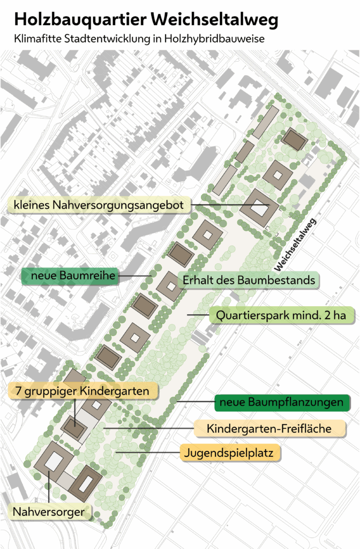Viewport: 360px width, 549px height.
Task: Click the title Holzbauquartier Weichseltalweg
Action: (x=146, y=20)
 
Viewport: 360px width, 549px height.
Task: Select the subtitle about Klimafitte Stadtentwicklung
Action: (x=139, y=39)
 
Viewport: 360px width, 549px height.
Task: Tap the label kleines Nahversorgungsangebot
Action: (x=100, y=205)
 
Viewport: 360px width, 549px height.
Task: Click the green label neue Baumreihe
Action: (x=69, y=276)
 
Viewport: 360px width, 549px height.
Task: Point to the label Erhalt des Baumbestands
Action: (x=249, y=280)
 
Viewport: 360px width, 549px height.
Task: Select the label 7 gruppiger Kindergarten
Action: (x=83, y=391)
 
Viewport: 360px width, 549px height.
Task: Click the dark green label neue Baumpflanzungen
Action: (x=282, y=402)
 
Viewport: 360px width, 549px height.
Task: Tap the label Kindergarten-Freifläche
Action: (x=269, y=428)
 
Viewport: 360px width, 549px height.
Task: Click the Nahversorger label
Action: (x=49, y=512)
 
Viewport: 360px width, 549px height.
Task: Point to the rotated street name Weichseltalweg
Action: (x=295, y=244)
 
